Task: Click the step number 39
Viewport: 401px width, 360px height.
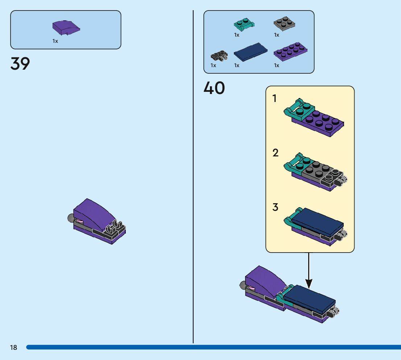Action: point(20,64)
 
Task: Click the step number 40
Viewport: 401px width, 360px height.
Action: point(214,88)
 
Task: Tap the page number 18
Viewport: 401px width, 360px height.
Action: point(13,347)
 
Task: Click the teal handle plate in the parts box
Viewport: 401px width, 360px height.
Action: point(244,25)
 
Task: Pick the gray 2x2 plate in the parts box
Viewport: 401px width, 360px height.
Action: point(284,24)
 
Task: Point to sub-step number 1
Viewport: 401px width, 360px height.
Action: point(274,98)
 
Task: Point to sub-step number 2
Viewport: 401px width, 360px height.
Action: point(276,153)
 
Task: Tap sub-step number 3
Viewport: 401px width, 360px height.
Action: point(276,207)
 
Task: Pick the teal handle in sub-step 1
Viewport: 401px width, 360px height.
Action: point(293,110)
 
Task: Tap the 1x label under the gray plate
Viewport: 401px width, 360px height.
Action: point(277,35)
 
